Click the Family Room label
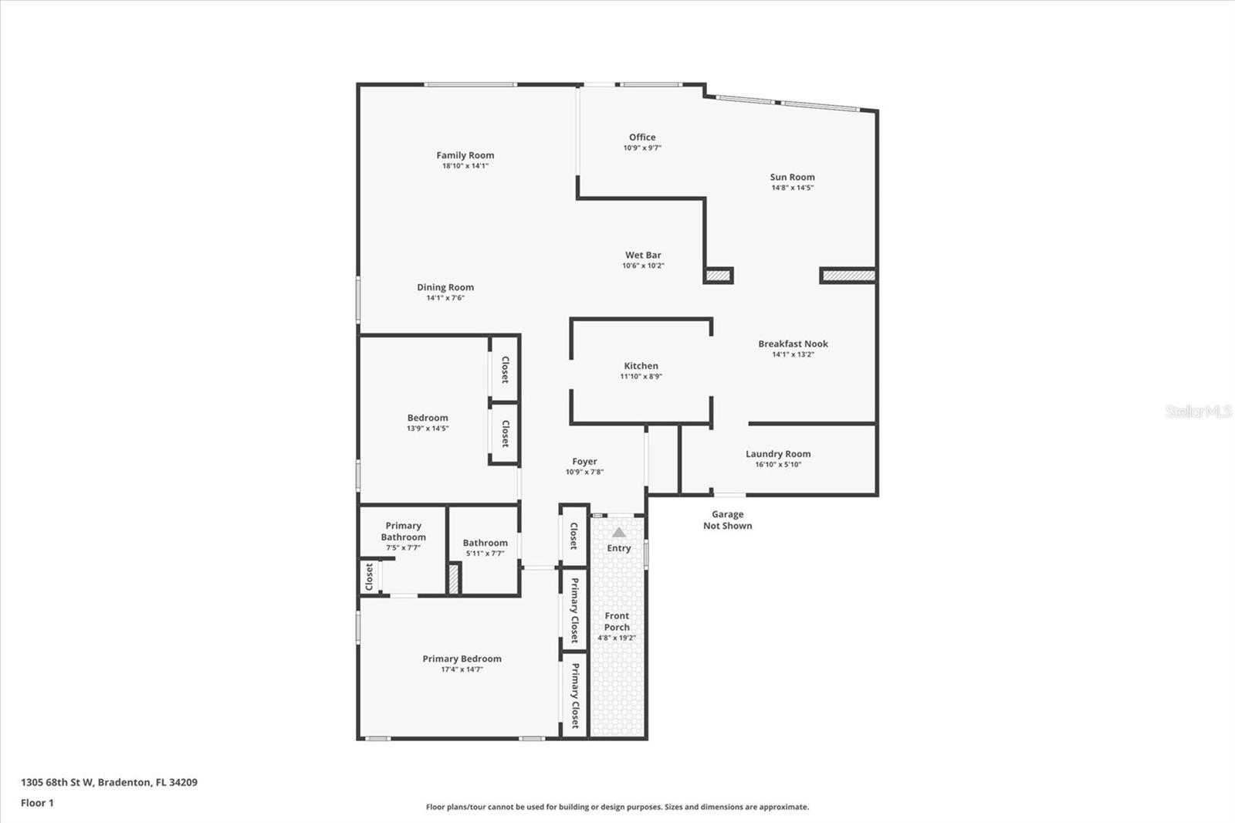pos(465,155)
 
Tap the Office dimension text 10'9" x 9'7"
pos(642,148)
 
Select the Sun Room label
pos(792,177)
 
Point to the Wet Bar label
pos(643,255)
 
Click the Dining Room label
pos(445,287)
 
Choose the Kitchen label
pos(641,366)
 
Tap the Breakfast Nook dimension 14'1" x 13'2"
pos(793,354)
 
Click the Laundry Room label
pos(777,454)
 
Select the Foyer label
pos(584,462)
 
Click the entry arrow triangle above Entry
pos(619,533)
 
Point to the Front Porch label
pos(617,621)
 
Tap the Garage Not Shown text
pos(727,520)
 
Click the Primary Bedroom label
pos(462,659)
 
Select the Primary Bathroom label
pos(403,531)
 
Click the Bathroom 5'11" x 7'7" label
pos(485,543)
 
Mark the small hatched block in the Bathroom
pos(454,579)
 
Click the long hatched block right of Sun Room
pos(848,275)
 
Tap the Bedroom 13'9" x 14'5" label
pos(428,418)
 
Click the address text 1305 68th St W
pos(57,782)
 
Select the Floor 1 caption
pos(37,803)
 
